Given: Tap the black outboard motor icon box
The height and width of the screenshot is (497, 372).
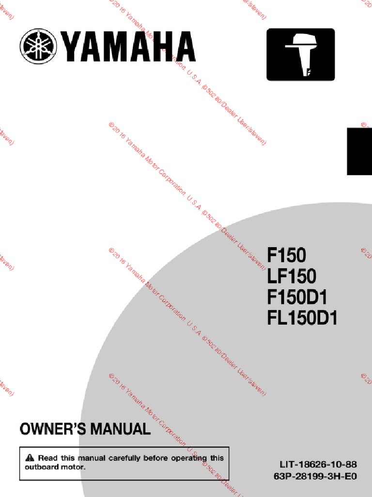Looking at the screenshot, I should (300, 54).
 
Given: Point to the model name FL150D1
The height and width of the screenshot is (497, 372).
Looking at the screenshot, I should (302, 318).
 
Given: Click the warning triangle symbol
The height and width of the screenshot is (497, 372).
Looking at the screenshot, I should (30, 458).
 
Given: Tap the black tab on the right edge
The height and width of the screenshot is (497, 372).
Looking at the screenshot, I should (359, 151).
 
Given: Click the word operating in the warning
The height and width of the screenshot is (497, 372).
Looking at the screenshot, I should (189, 458).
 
